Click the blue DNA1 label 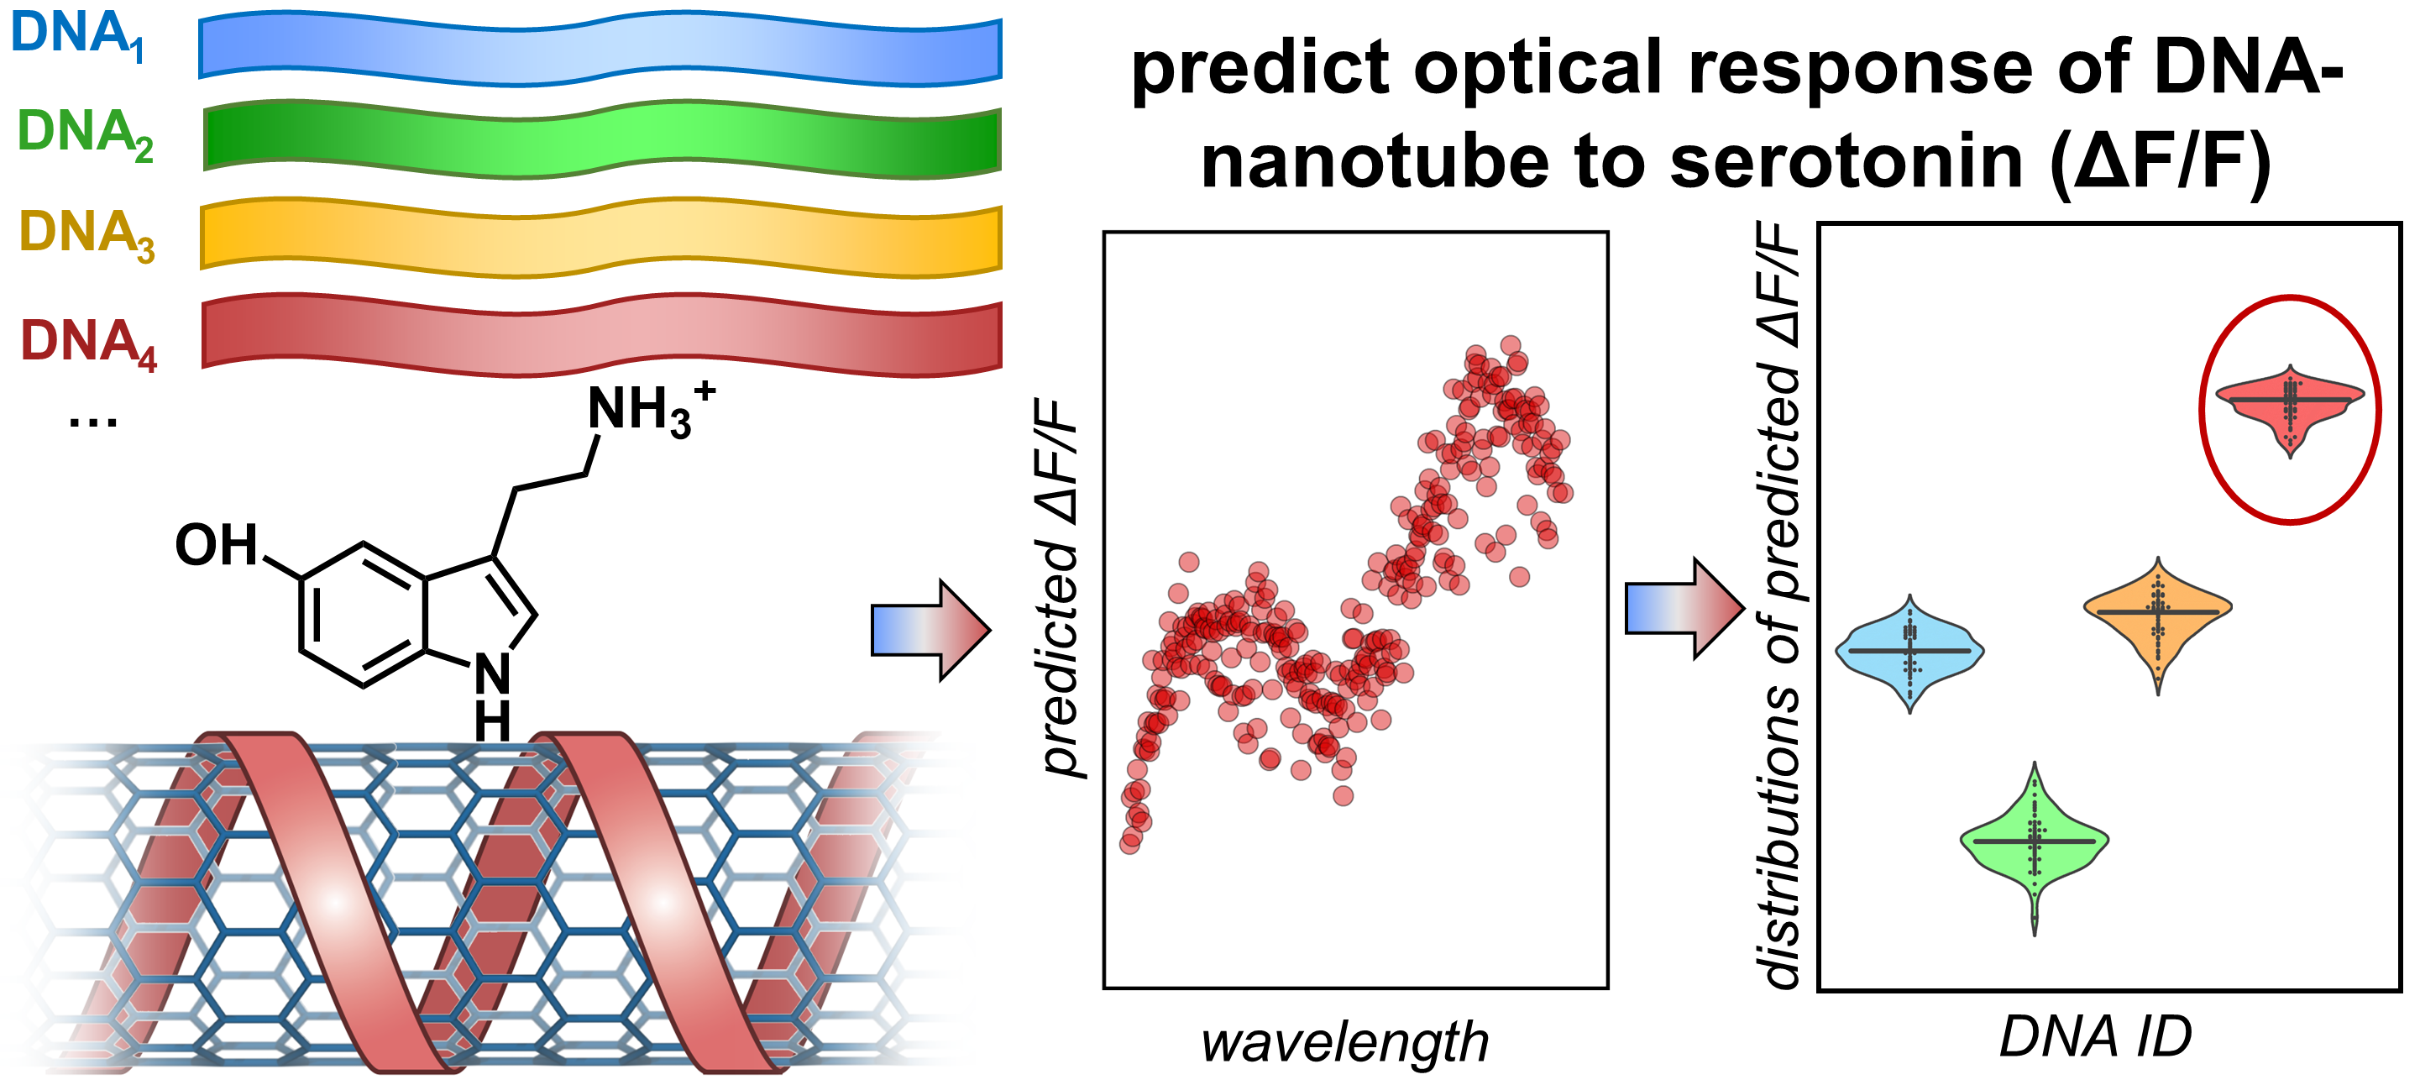(x=77, y=36)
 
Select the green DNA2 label (x=85, y=134)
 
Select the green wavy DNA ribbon (x=601, y=139)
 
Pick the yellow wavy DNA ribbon (x=601, y=237)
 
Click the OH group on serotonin (x=216, y=545)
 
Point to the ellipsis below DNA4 (x=93, y=421)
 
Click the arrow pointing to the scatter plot (x=930, y=629)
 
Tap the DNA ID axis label (x=2095, y=1036)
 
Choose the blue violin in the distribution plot (x=1909, y=651)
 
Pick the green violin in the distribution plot (x=2034, y=841)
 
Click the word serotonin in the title (x=1846, y=161)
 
